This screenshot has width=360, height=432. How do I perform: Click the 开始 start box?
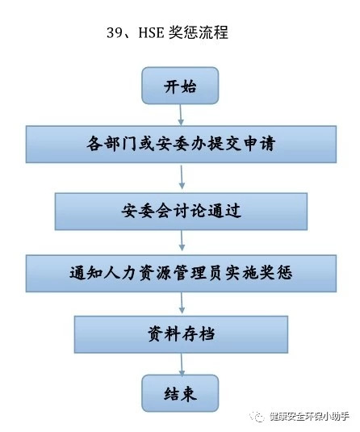(x=180, y=86)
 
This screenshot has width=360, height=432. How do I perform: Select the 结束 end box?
(x=180, y=393)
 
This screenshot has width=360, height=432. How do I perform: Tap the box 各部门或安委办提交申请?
(x=181, y=144)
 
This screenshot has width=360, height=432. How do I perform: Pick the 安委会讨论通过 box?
(x=181, y=212)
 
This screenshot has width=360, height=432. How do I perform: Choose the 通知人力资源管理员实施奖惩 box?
(x=181, y=273)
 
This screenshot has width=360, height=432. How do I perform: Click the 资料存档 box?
(x=181, y=334)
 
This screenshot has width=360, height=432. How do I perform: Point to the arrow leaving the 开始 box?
(x=181, y=115)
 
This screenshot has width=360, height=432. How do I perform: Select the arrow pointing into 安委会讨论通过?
(x=182, y=177)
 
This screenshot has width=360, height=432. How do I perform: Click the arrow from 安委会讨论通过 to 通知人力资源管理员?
(x=182, y=241)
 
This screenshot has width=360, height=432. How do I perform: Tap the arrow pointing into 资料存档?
(x=182, y=303)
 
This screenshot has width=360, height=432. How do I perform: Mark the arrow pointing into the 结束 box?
(x=182, y=364)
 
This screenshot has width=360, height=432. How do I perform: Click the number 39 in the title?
(x=115, y=32)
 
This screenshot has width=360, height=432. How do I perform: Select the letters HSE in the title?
(x=151, y=32)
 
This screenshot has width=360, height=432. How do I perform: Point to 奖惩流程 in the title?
(x=199, y=32)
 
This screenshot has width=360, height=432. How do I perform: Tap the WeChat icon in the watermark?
(x=256, y=417)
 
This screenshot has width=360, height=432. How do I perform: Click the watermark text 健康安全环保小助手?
(x=309, y=417)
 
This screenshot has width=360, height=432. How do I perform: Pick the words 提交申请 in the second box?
(x=241, y=144)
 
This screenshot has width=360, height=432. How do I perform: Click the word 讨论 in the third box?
(x=190, y=211)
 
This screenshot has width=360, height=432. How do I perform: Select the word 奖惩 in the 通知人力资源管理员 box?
(x=276, y=273)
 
